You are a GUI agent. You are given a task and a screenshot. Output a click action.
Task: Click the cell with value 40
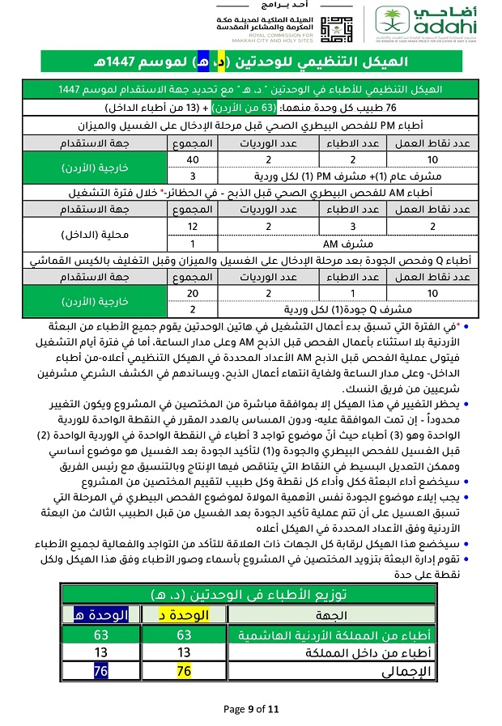(x=193, y=160)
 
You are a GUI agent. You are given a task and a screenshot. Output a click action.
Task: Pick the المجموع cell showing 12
(x=193, y=226)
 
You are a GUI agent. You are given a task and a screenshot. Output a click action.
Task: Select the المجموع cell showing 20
(x=193, y=292)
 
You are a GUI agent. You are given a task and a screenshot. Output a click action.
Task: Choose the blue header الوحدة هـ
(x=100, y=615)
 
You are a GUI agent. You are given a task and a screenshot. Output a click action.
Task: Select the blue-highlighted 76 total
(x=100, y=671)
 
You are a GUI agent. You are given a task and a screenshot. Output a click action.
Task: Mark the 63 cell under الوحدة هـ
(x=100, y=635)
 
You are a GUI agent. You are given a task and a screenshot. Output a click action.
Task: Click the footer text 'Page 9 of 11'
(x=251, y=709)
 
